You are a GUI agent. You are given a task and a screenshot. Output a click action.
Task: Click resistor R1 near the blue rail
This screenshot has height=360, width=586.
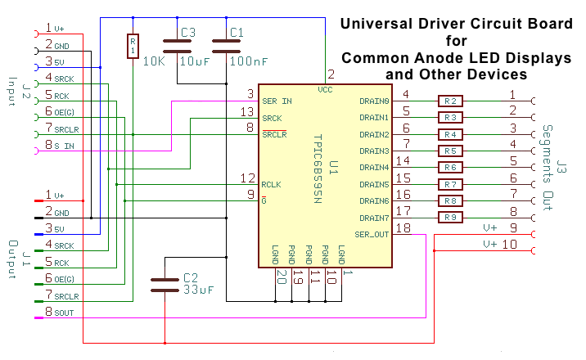click(x=133, y=47)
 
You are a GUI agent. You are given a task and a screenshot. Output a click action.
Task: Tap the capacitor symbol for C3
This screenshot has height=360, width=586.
click(x=177, y=47)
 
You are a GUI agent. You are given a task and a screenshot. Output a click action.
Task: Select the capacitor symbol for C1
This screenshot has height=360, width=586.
click(x=226, y=47)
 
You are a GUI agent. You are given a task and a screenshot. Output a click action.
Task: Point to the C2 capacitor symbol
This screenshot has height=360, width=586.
click(x=165, y=285)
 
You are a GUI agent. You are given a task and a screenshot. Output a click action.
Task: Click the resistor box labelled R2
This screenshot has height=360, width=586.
click(x=450, y=101)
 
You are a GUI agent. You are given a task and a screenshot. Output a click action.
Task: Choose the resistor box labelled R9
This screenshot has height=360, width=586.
click(x=450, y=218)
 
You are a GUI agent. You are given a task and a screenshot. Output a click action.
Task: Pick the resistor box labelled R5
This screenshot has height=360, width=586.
click(x=450, y=151)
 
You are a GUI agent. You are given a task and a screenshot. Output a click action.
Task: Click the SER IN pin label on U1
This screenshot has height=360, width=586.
click(x=277, y=101)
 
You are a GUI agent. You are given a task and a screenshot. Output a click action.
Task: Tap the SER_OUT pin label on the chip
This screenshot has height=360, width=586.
click(x=372, y=235)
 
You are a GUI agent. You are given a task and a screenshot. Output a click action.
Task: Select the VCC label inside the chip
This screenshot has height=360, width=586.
click(x=325, y=90)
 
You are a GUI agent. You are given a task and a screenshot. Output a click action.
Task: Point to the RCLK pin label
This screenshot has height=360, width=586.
click(x=272, y=184)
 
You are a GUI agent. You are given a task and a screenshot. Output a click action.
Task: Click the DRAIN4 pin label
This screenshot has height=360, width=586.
click(x=374, y=167)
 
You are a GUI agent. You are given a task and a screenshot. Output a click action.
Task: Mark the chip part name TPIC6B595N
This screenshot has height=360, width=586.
click(x=318, y=169)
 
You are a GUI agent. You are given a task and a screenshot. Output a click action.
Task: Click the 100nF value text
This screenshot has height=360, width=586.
click(x=249, y=61)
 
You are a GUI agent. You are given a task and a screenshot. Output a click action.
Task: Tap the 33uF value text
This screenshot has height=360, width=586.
click(x=198, y=290)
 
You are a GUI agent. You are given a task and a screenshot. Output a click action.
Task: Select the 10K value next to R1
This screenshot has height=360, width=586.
click(x=154, y=61)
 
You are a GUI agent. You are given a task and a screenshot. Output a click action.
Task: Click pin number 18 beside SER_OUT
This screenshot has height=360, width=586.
click(x=403, y=227)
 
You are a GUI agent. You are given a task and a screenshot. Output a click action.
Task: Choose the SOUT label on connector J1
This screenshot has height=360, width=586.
click(x=64, y=313)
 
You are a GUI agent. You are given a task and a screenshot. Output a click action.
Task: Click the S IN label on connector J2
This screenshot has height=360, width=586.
click(x=65, y=146)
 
